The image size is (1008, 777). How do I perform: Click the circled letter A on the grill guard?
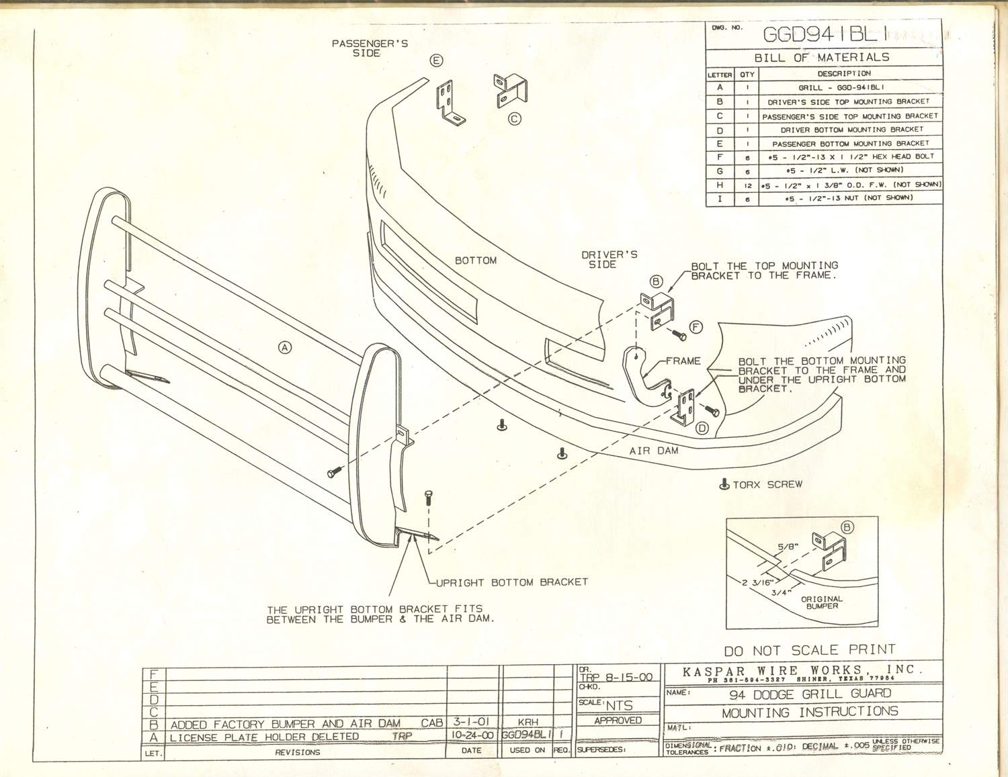point(286,347)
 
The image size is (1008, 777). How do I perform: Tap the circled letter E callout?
point(437,60)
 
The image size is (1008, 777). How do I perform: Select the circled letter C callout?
point(514,119)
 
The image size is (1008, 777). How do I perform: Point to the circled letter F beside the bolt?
point(696,327)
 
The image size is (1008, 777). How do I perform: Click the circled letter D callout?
point(702,428)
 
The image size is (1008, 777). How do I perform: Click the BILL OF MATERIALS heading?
point(821,58)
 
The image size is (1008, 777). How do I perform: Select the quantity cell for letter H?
point(747,185)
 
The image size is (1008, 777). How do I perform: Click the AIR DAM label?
point(653,451)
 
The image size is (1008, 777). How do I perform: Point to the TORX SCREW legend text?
point(767,484)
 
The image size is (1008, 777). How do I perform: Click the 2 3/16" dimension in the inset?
point(757,582)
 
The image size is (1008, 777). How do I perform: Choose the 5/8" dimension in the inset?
point(788,547)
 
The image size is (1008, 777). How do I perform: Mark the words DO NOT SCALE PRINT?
point(809,650)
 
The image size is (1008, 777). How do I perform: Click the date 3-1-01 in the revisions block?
point(471,721)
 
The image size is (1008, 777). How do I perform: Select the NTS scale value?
point(619,705)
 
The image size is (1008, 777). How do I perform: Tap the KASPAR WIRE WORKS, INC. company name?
point(802,670)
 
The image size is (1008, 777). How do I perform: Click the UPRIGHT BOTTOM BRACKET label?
point(512,582)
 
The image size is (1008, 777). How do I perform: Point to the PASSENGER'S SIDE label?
point(369,48)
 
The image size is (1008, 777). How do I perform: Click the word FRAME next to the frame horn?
point(683,361)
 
